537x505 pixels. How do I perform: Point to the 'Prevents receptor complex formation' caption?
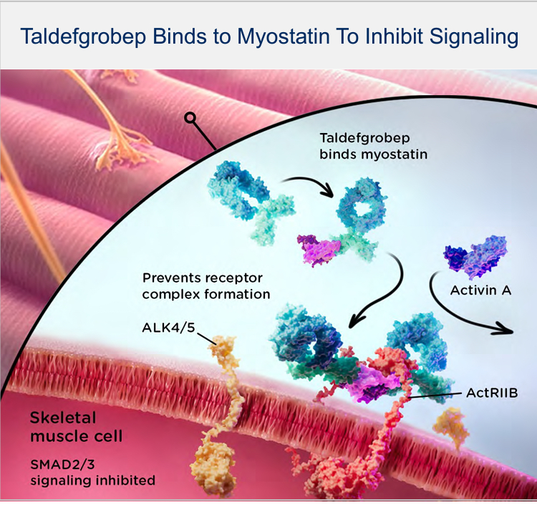(x=207, y=286)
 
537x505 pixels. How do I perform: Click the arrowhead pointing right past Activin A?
(x=509, y=331)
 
